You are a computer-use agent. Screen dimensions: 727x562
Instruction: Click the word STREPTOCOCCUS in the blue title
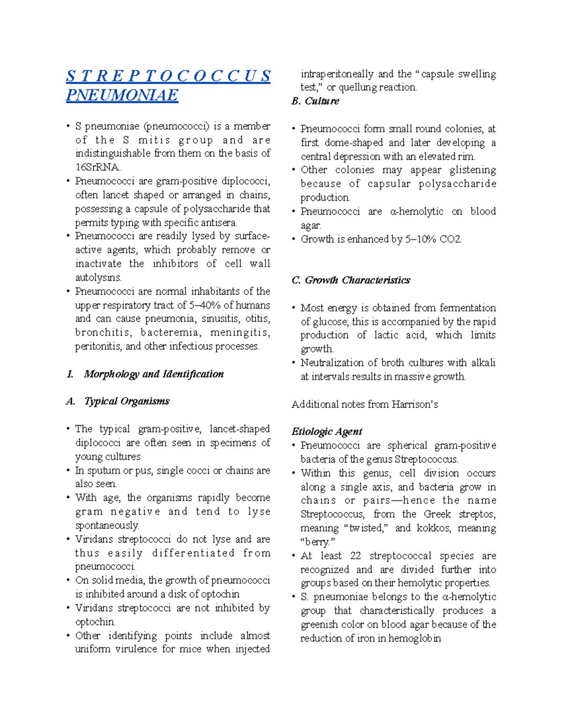click(x=168, y=76)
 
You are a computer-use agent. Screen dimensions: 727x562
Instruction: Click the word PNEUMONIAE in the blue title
click(x=122, y=95)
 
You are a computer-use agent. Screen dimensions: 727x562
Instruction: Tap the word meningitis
click(x=240, y=333)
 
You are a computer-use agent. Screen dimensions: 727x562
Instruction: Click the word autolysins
click(x=98, y=278)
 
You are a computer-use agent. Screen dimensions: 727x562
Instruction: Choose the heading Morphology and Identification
click(x=154, y=374)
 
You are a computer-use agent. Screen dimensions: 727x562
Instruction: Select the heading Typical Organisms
click(x=127, y=401)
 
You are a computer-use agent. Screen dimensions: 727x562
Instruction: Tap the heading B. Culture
click(x=315, y=101)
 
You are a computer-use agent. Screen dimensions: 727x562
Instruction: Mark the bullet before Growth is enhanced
click(x=294, y=239)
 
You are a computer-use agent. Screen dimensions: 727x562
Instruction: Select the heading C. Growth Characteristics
click(x=351, y=280)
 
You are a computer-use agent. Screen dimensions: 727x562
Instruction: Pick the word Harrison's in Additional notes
click(x=416, y=404)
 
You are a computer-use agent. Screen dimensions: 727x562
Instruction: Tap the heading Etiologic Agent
click(x=327, y=432)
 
